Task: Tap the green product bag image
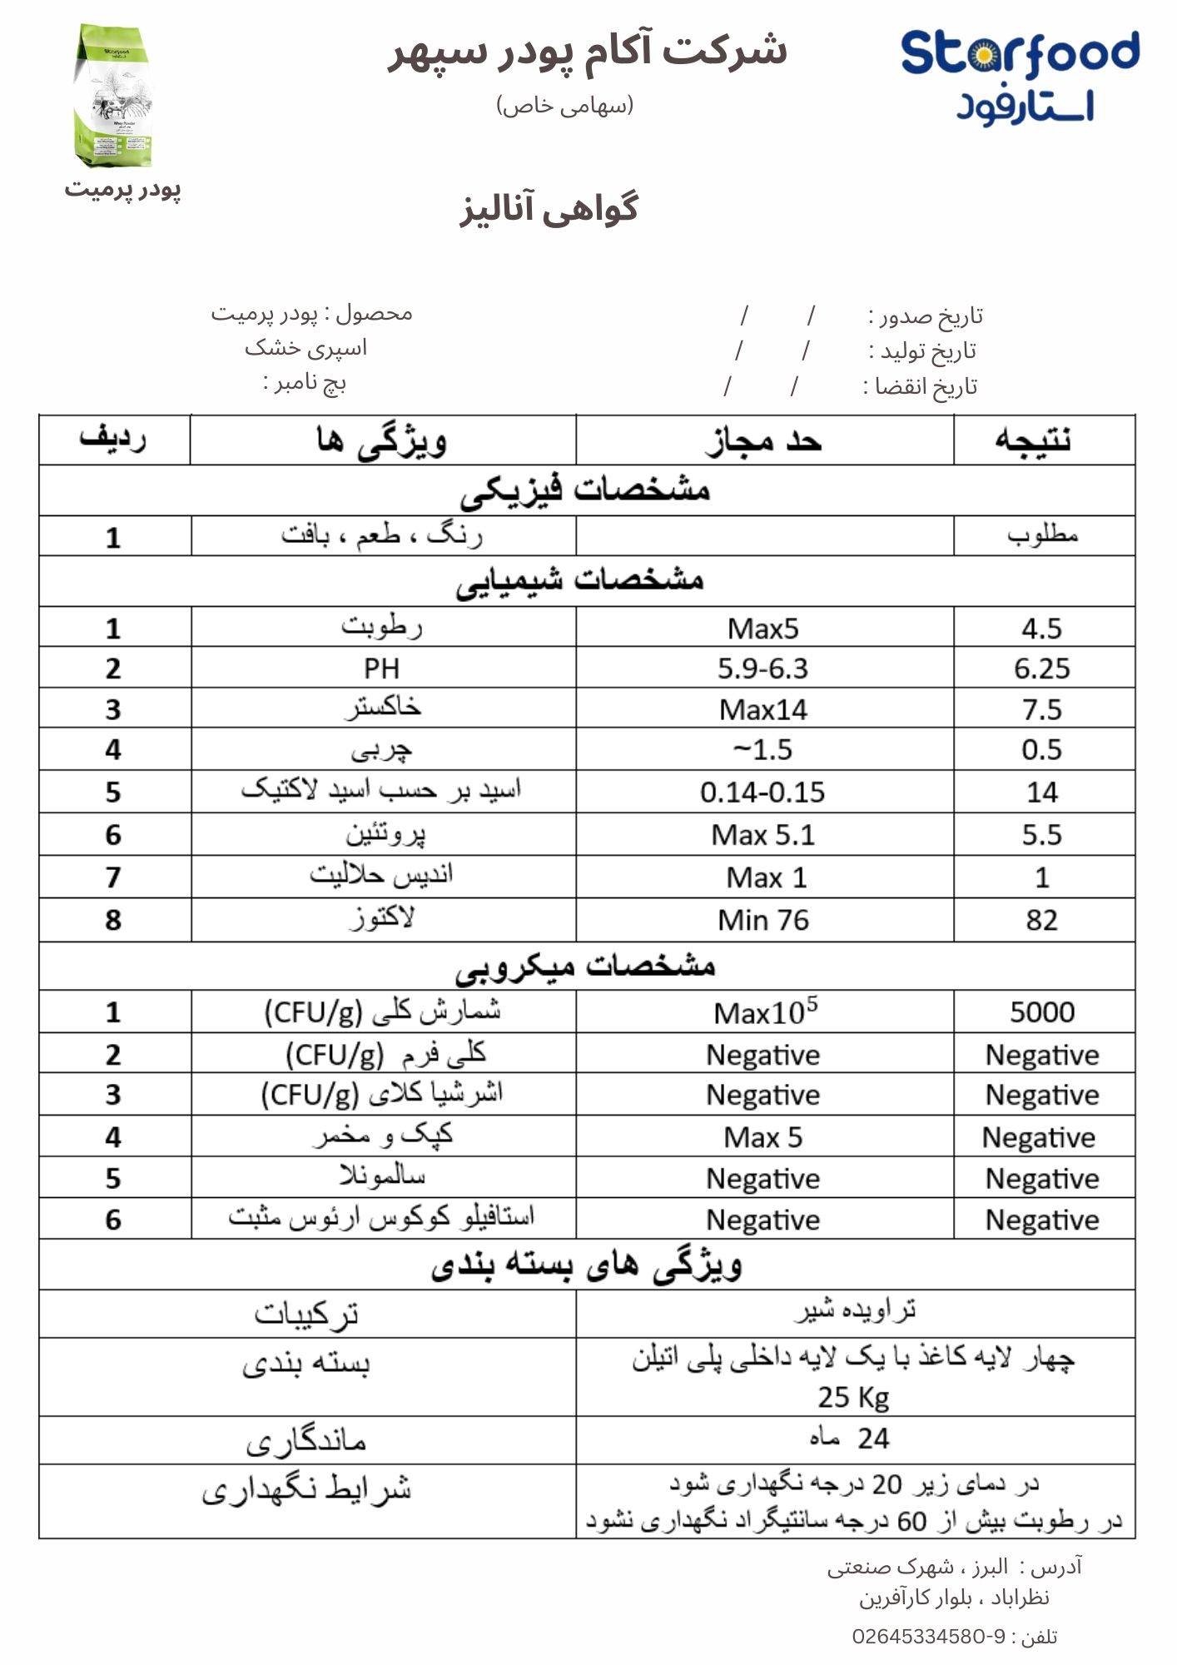(x=116, y=96)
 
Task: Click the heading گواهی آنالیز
(x=549, y=208)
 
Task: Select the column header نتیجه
(x=1034, y=440)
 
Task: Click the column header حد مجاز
(x=763, y=440)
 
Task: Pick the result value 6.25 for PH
(x=1041, y=668)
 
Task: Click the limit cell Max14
(x=763, y=709)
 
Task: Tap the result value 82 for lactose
(x=1041, y=920)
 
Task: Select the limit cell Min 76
(x=763, y=920)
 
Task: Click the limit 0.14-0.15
(x=762, y=792)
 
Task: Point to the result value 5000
(x=1042, y=1012)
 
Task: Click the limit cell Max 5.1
(x=763, y=835)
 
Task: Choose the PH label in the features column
(x=381, y=668)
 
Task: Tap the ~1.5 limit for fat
(x=762, y=750)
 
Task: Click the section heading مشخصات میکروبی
(x=585, y=966)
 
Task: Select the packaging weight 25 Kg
(x=853, y=1397)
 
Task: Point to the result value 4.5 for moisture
(x=1041, y=629)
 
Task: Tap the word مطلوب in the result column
(x=1042, y=535)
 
